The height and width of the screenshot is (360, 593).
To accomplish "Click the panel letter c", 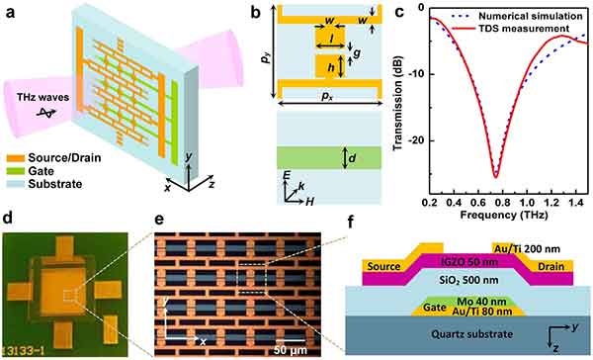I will (x=399, y=12).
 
